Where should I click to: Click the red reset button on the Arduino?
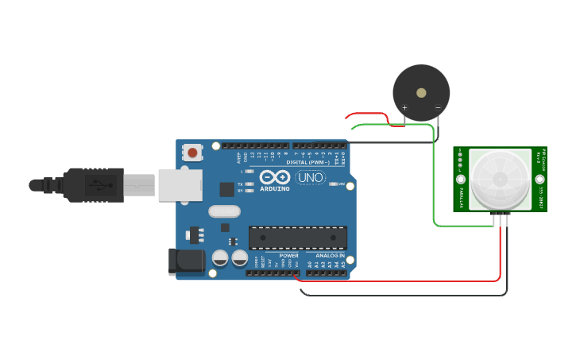pos(192,152)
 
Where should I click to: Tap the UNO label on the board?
pos(310,177)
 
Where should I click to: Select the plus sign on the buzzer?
pos(404,107)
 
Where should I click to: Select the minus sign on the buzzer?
pos(438,107)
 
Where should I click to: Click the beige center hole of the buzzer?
pos(421,91)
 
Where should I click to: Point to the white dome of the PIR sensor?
pos(499,179)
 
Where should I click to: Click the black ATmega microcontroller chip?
pos(298,237)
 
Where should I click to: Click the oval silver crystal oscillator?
pos(224,211)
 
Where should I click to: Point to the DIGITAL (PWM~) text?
pos(308,162)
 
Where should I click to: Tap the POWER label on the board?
pos(288,255)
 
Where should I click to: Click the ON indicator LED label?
pos(342,184)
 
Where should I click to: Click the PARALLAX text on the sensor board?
pos(460,195)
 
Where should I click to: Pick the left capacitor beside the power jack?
pos(220,258)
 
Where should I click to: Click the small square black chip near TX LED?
pos(227,189)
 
